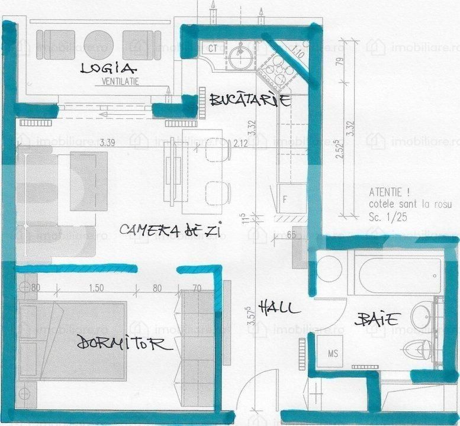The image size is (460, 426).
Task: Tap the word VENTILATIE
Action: [120, 82]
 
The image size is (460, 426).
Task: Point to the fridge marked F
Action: [285, 199]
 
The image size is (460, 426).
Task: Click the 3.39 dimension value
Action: [107, 143]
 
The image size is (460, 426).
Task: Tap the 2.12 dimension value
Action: [240, 143]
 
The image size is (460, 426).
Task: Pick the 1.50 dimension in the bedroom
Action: [95, 289]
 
